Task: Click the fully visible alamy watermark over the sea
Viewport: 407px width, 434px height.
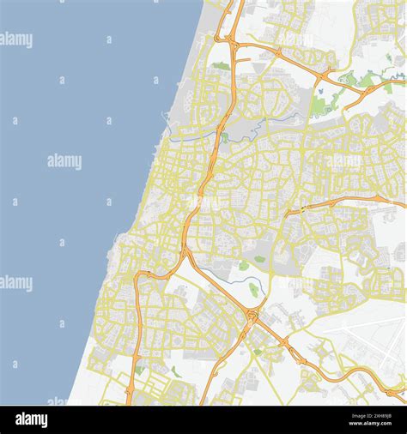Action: [64, 161]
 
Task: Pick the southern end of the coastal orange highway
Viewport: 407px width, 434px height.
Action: [129, 396]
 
